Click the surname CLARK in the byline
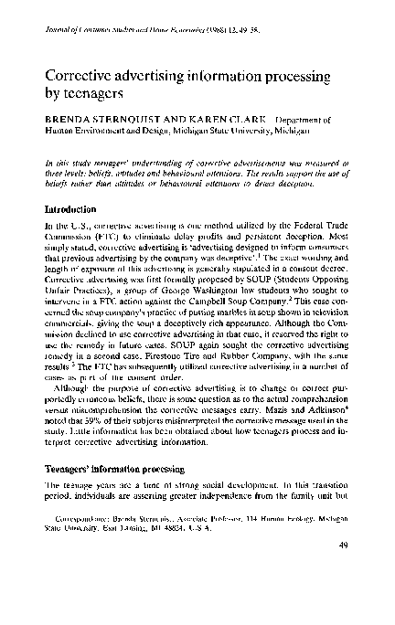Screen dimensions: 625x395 [222, 120]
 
